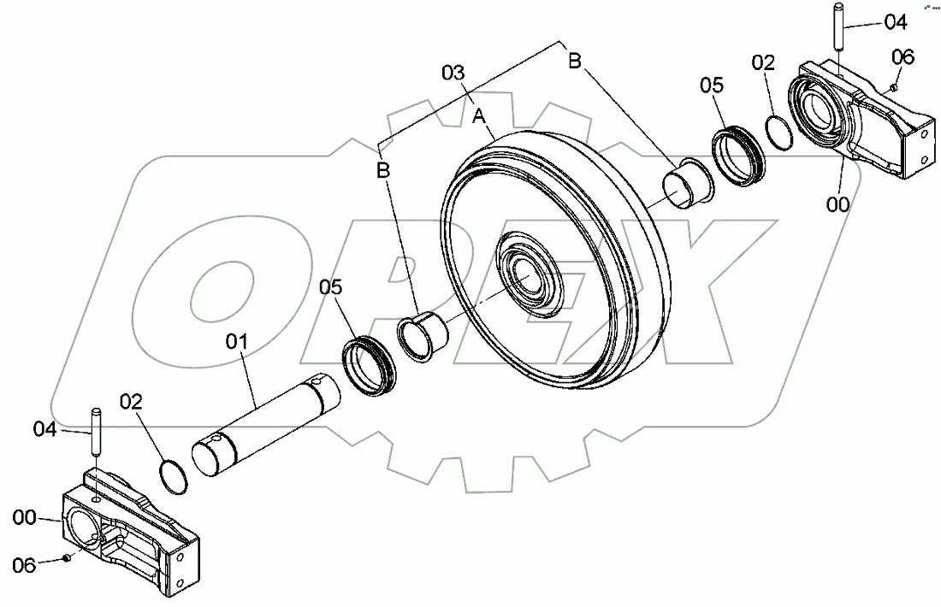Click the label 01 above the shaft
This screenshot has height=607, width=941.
(236, 343)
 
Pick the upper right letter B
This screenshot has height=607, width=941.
(576, 61)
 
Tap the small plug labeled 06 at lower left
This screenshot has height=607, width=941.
(66, 558)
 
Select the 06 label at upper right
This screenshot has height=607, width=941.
(903, 57)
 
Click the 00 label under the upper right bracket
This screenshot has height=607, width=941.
(839, 203)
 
